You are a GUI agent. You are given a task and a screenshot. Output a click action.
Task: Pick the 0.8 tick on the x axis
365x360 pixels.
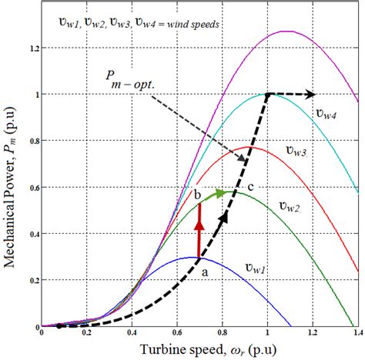click(223, 335)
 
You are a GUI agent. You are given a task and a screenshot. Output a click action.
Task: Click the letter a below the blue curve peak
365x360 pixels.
click(205, 271)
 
